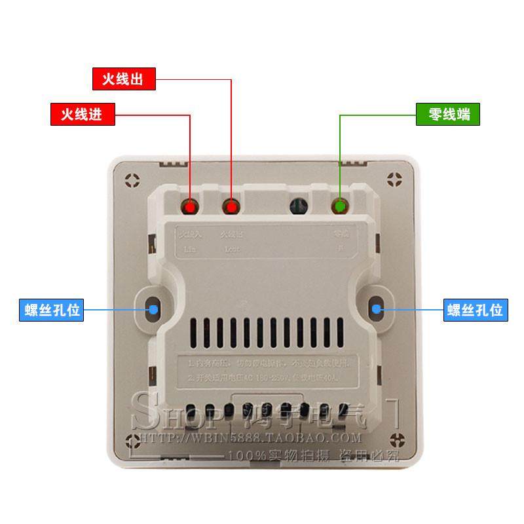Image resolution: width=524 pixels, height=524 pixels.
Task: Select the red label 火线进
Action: [83, 115]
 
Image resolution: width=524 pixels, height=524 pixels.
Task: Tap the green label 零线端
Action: [449, 115]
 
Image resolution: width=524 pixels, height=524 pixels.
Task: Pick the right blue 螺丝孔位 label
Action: [475, 309]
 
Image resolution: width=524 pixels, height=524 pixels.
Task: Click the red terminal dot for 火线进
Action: [191, 208]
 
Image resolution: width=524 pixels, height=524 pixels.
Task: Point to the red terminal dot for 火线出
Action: [231, 208]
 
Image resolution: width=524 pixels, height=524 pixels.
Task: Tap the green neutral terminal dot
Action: [340, 208]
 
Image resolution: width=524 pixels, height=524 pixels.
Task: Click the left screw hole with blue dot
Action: [153, 308]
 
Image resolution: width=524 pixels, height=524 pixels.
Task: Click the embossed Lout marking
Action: [232, 250]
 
